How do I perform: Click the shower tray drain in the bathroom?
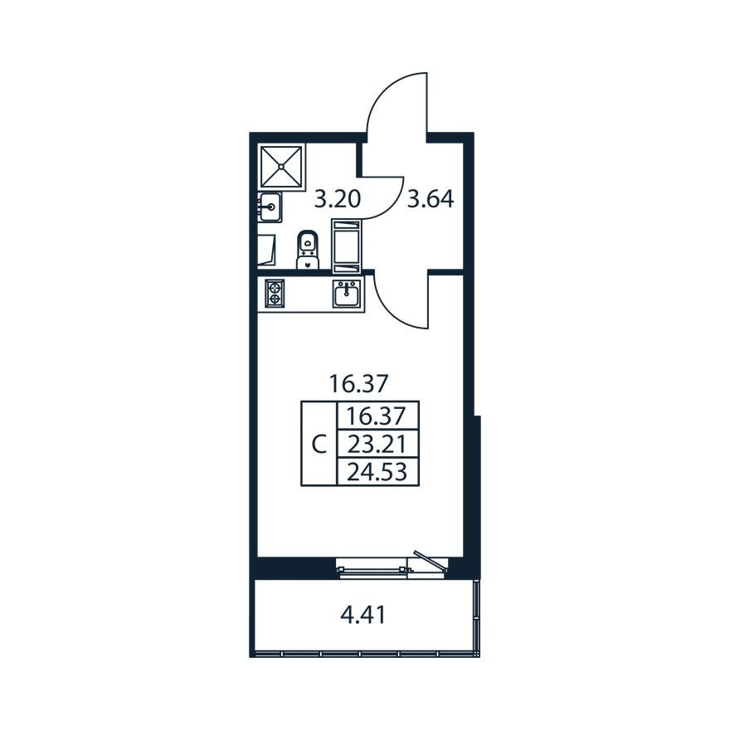click(x=281, y=166)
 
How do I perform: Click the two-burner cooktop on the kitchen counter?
click(x=275, y=294)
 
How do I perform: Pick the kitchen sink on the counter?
click(x=346, y=294)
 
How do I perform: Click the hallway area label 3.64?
click(x=430, y=199)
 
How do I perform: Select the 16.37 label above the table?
click(x=358, y=383)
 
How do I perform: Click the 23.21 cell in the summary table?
click(x=377, y=444)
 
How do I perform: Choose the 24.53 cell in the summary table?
click(x=377, y=472)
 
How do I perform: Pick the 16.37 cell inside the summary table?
click(x=377, y=416)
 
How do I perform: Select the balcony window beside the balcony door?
click(x=373, y=568)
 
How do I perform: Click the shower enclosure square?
click(x=281, y=166)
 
